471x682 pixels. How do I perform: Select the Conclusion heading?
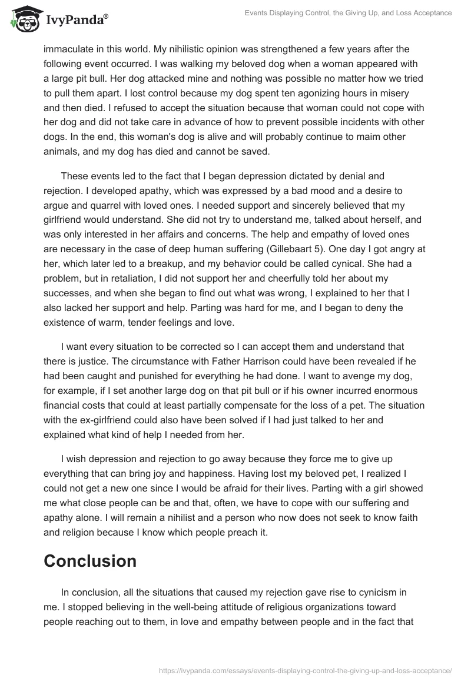click(89, 561)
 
